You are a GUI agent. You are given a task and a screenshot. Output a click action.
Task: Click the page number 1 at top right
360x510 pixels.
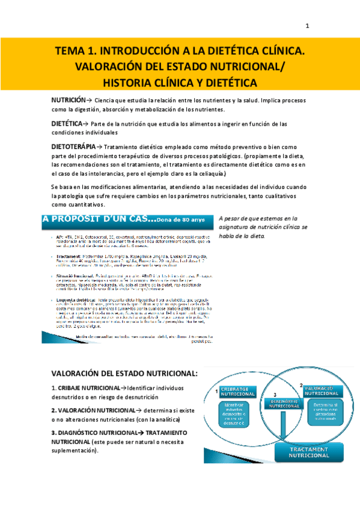coord(307,26)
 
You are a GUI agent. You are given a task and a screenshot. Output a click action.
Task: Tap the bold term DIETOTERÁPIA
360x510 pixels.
coord(73,146)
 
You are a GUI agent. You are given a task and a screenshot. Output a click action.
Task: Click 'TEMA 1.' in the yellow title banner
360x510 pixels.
coord(77,52)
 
